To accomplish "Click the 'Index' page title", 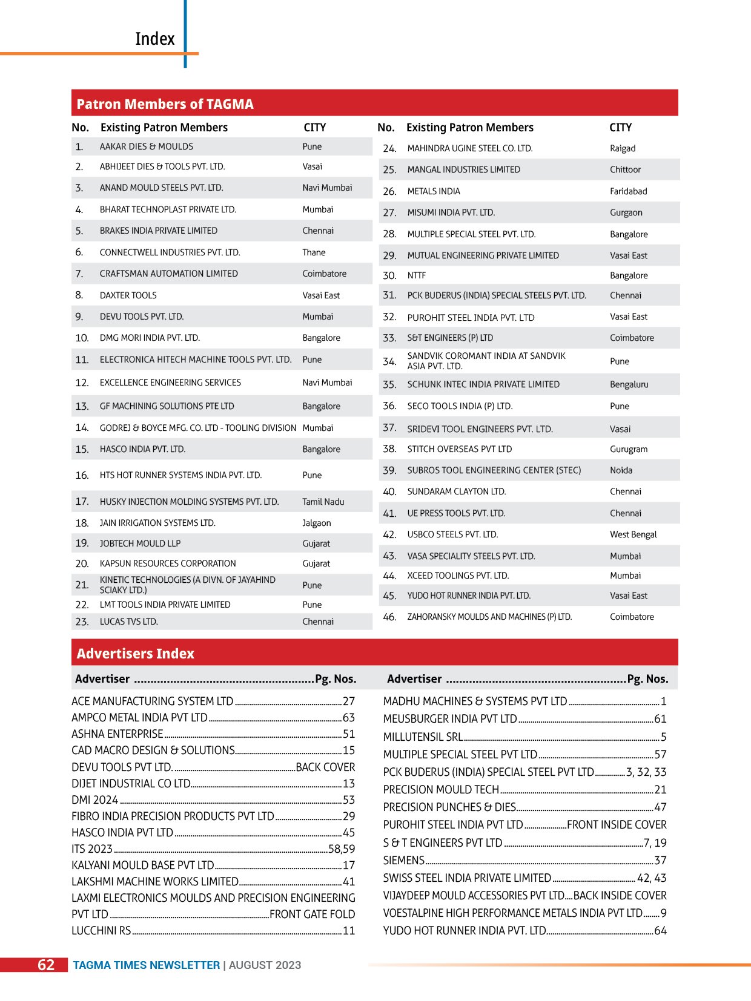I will [154, 39].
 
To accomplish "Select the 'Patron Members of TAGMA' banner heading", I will [165, 104].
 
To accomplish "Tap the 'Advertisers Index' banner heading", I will [135, 654].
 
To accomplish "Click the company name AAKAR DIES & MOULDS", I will [146, 146].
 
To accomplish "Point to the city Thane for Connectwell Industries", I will [314, 252].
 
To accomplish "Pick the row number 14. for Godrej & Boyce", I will [82, 428].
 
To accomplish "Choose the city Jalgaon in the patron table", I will [316, 523].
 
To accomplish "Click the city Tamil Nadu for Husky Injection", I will [323, 502].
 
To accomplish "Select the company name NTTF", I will [416, 275].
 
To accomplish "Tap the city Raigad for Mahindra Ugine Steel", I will [623, 148].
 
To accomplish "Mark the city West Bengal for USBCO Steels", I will [633, 534].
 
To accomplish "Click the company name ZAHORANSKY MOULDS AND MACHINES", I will [489, 617].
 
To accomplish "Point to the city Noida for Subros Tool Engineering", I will [621, 470].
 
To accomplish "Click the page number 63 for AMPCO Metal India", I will [349, 718].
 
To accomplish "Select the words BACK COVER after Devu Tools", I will [325, 767].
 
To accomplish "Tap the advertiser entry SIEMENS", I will [403, 861].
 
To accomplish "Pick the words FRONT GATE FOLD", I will [312, 914].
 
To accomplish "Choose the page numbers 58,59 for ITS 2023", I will [342, 849].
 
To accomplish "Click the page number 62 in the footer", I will [46, 965].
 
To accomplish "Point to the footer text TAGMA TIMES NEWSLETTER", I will [146, 965].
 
